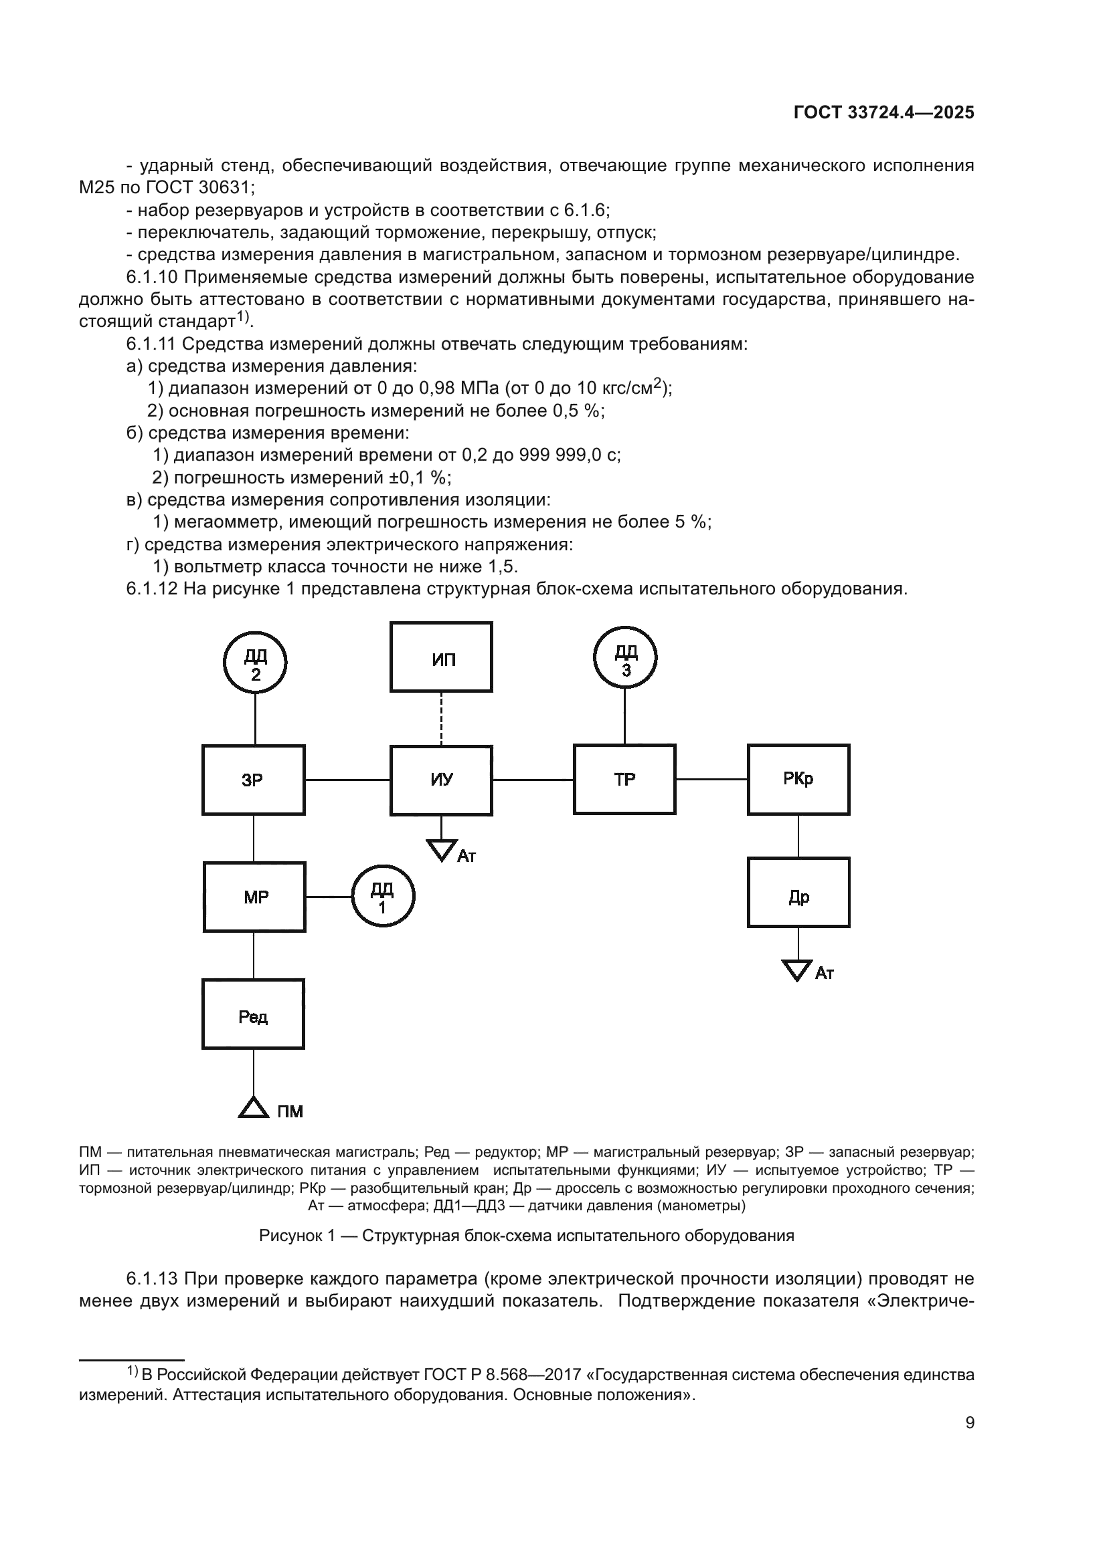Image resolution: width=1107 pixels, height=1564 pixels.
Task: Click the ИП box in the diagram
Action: coord(441,657)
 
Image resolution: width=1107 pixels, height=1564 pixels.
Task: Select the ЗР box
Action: coord(254,779)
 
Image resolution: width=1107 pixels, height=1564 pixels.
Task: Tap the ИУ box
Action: coord(441,780)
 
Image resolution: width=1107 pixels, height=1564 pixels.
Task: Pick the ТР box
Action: coord(624,778)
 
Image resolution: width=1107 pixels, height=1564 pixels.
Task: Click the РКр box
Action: coord(798,778)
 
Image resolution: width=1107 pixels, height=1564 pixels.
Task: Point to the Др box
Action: coord(798,893)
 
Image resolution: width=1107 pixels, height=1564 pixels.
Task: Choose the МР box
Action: coord(254,897)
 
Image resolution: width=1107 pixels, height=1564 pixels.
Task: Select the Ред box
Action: coord(253,1014)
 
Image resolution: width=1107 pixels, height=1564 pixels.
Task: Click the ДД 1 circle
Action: coord(383,897)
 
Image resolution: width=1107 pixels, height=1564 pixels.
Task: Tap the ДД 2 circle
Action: coord(255,661)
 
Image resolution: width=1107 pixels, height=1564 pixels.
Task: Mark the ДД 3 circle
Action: coord(625,657)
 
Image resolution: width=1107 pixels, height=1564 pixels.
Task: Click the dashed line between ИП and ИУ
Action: coord(441,719)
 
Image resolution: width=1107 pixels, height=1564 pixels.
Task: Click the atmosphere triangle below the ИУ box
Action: coord(441,849)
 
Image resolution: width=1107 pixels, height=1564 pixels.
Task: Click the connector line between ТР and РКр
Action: coord(711,778)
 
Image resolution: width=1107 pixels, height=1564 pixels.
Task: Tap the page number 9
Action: coord(970,1423)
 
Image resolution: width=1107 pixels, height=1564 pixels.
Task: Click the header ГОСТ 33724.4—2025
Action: coord(883,113)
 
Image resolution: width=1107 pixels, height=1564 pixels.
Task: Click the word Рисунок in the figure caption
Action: coord(290,1235)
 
